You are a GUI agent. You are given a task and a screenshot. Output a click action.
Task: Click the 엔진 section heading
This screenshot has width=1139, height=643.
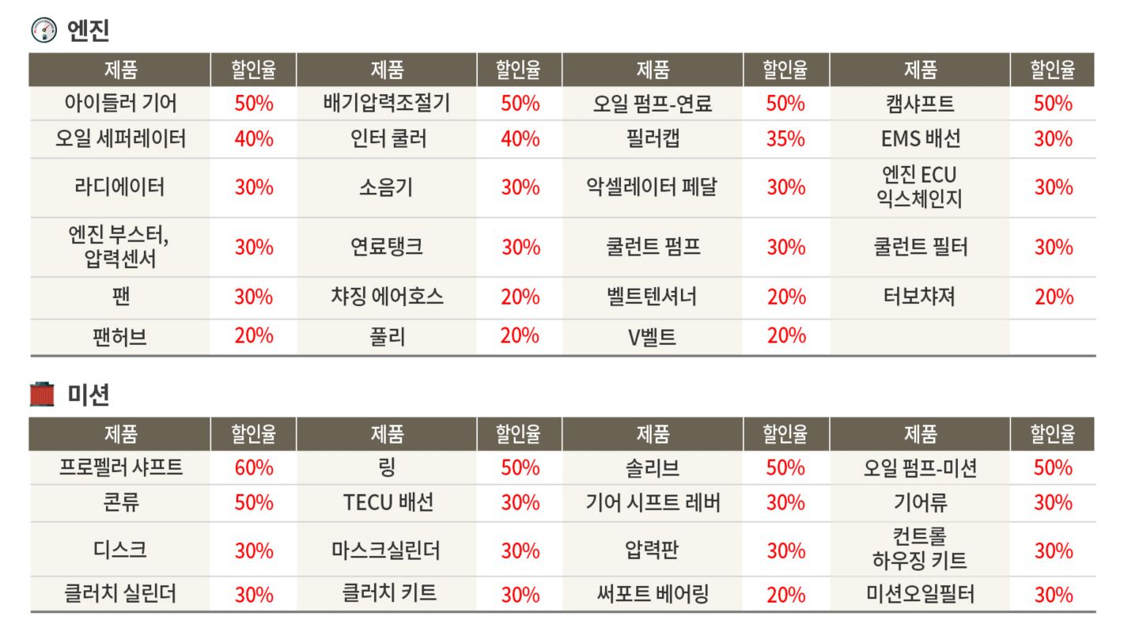click(88, 31)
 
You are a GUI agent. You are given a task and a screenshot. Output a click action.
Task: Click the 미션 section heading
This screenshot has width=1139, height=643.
click(88, 394)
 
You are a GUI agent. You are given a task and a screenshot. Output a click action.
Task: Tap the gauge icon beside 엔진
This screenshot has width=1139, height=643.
click(44, 31)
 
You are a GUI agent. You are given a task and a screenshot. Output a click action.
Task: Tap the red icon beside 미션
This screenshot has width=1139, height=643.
click(43, 394)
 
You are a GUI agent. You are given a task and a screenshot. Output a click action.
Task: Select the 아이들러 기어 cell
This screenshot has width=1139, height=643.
click(120, 104)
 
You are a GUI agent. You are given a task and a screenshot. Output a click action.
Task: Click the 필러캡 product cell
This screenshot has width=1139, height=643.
click(653, 139)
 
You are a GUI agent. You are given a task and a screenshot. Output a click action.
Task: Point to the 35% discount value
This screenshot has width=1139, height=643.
click(785, 139)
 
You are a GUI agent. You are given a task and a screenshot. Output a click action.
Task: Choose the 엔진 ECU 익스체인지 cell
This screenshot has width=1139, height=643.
click(920, 187)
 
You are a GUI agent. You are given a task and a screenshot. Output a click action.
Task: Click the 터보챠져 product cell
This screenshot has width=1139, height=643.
click(920, 297)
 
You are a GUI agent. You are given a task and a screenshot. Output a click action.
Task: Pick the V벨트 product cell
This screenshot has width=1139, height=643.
click(653, 337)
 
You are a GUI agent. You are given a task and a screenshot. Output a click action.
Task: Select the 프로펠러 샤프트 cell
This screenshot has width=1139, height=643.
click(120, 467)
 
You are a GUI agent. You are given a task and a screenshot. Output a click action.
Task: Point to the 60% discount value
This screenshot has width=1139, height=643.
click(254, 467)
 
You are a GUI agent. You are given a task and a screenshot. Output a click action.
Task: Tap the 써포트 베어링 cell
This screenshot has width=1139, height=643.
click(653, 594)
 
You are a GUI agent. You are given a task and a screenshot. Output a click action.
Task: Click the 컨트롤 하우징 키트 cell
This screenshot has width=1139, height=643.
click(920, 550)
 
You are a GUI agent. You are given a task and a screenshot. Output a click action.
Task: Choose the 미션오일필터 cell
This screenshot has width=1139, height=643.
click(920, 594)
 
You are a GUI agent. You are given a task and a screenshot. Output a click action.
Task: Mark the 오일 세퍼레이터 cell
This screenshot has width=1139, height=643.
click(120, 139)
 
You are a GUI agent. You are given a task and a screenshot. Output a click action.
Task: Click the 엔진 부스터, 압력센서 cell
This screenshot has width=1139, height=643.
click(120, 247)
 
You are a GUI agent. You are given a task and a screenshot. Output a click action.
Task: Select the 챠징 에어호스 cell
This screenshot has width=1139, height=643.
click(387, 297)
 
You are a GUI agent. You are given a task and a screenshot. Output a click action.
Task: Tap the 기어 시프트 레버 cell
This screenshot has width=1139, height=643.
click(653, 502)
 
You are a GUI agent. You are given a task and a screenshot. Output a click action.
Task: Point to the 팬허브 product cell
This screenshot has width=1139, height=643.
click(120, 337)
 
